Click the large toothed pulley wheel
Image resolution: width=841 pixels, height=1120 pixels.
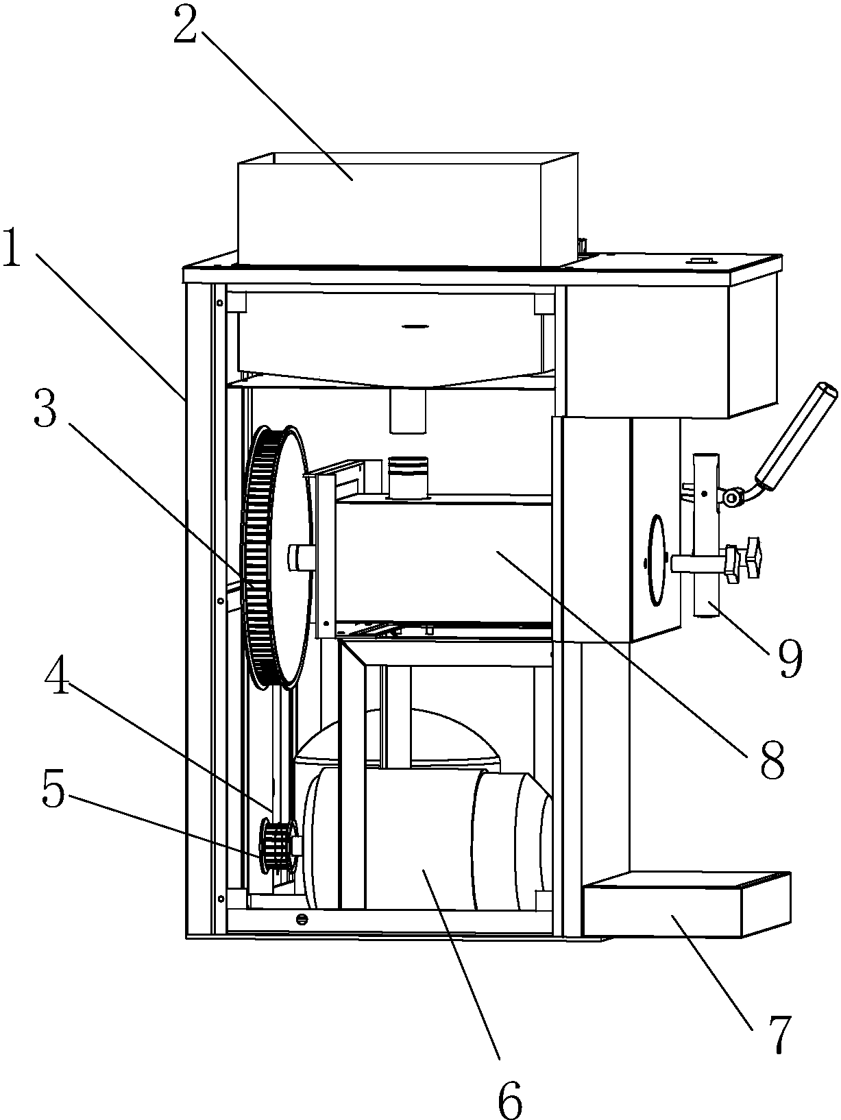pyautogui.click(x=278, y=556)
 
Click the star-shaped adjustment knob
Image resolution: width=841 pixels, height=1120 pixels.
pyautogui.click(x=744, y=560)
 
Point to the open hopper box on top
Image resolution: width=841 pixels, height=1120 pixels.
pyautogui.click(x=408, y=208)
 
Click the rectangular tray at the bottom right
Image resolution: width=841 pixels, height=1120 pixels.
pyautogui.click(x=687, y=904)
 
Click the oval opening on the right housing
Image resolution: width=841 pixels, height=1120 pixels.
pyautogui.click(x=657, y=561)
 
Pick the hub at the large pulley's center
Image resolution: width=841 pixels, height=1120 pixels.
pyautogui.click(x=300, y=557)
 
